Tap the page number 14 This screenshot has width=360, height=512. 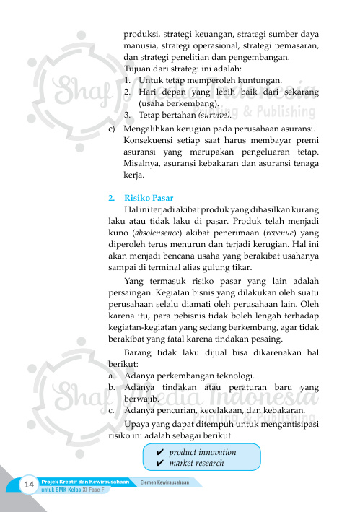30,483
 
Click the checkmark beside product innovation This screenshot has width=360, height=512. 148,451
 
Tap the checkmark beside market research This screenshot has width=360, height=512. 148,463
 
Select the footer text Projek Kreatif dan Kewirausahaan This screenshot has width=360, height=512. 86,481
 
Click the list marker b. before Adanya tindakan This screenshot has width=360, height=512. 111,388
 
